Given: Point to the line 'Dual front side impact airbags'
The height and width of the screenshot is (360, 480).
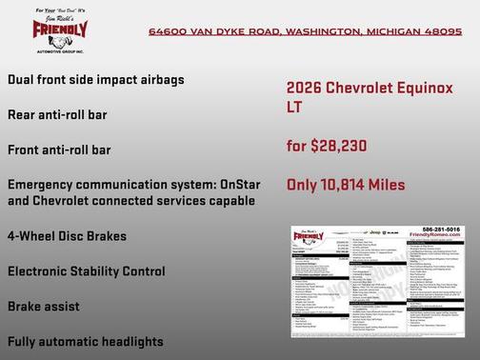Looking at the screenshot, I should tap(95, 79).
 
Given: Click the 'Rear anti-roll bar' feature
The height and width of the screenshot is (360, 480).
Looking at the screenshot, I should tap(57, 114).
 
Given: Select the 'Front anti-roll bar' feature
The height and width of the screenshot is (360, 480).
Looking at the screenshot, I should tap(59, 150).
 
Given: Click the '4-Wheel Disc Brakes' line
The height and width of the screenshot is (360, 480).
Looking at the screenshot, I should tap(67, 235).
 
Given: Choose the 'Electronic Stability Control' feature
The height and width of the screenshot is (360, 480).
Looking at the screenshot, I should tap(86, 271).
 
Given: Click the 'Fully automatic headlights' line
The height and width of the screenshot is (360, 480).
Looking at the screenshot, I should tap(85, 341).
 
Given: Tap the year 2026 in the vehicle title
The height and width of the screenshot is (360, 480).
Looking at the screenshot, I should tap(304, 87).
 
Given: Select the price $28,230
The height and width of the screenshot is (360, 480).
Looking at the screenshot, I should tap(340, 146).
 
